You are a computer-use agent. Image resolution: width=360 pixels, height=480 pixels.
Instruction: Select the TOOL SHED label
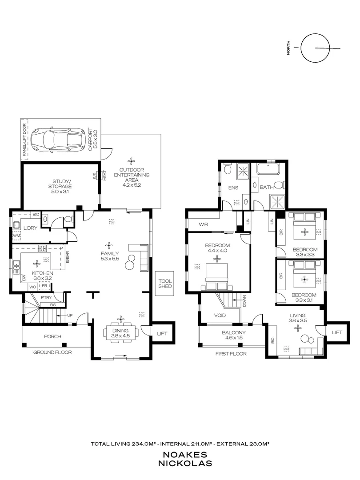pyautogui.click(x=165, y=283)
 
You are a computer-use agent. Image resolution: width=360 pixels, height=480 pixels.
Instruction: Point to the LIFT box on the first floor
pyautogui.click(x=337, y=332)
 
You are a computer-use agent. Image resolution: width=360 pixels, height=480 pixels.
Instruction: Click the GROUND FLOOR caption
pyautogui.click(x=52, y=352)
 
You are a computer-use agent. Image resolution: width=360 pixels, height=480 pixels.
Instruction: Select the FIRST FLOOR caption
pyautogui.click(x=231, y=354)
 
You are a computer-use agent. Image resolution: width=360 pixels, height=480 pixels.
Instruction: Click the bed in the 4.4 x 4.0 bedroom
pyautogui.click(x=217, y=276)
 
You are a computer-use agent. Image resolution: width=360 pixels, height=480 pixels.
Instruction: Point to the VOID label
pyautogui.click(x=220, y=316)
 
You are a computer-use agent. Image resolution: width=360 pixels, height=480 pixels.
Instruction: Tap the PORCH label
pyautogui.click(x=52, y=336)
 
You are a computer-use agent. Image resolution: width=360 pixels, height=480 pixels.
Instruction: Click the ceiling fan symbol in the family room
pyautogui.click(x=109, y=244)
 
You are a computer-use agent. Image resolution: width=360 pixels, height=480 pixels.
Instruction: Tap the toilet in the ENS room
pyautogui.click(x=227, y=169)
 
